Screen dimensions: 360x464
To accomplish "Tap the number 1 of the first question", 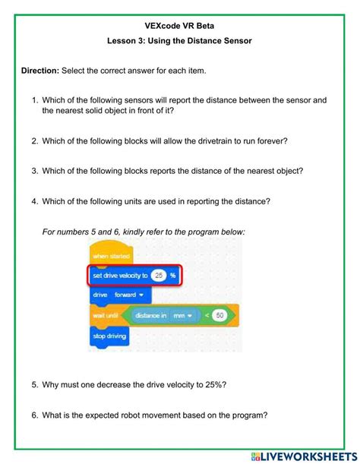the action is click(x=34, y=99).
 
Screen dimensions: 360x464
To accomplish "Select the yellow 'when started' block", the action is click(x=111, y=256).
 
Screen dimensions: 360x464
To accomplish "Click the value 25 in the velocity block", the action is click(x=158, y=275).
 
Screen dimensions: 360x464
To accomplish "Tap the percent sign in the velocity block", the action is click(x=173, y=275).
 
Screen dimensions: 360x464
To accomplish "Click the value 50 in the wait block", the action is click(x=219, y=314).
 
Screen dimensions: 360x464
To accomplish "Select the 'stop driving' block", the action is click(x=109, y=334).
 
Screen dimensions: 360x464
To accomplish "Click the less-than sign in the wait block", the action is click(x=205, y=314).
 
